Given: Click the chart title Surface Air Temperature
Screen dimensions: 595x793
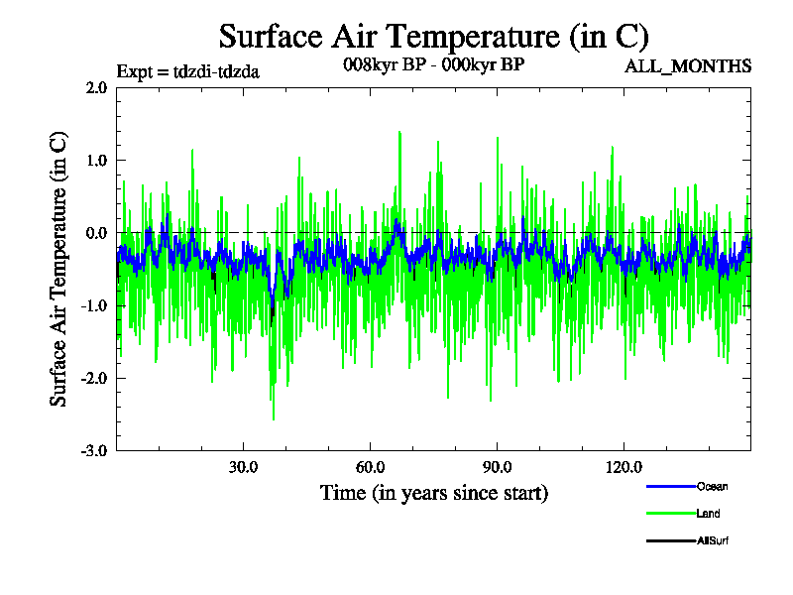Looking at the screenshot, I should (x=433, y=37).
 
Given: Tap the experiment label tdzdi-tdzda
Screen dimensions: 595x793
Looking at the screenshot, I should (x=188, y=71).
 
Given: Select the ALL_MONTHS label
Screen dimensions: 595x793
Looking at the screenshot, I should (x=687, y=66).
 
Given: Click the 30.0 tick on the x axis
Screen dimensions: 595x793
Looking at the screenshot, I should (x=243, y=467).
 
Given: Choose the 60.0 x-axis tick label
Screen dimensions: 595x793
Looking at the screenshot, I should (x=370, y=467).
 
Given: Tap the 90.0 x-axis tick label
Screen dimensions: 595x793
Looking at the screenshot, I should (x=497, y=467).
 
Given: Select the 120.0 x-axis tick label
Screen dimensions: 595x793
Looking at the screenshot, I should (x=623, y=467).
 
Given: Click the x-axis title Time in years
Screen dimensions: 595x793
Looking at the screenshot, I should (x=433, y=492).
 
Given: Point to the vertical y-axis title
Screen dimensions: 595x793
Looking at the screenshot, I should (x=59, y=269).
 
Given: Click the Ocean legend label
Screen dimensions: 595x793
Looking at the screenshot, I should (x=712, y=486).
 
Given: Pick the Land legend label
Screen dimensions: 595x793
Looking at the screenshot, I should (x=708, y=514).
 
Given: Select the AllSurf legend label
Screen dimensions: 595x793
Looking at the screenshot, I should (x=713, y=540).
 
